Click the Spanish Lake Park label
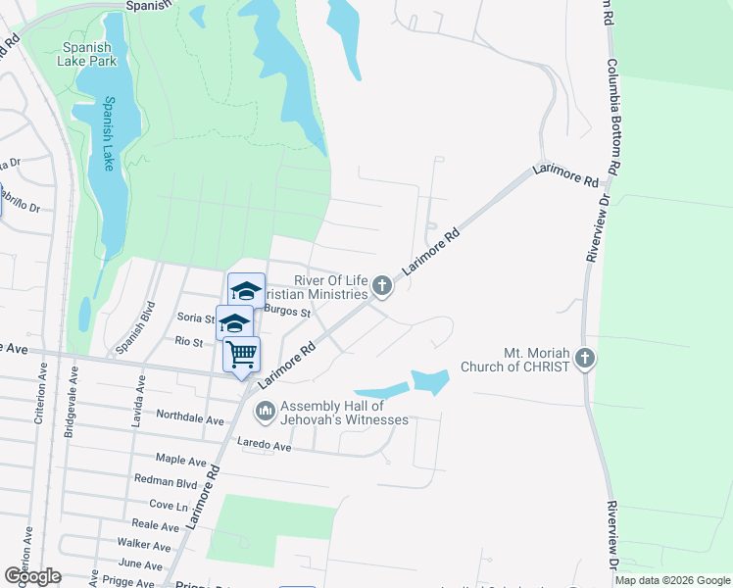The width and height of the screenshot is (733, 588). (89, 54)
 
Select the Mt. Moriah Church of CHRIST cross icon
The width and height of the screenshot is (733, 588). (585, 358)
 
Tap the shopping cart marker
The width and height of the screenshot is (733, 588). (241, 354)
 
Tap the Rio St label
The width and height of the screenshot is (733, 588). (188, 342)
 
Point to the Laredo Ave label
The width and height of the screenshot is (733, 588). (265, 447)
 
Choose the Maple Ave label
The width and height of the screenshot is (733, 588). (181, 459)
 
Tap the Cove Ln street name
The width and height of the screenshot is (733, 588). (168, 506)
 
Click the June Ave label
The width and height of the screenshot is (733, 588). (139, 564)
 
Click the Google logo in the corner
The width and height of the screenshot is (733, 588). (31, 575)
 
